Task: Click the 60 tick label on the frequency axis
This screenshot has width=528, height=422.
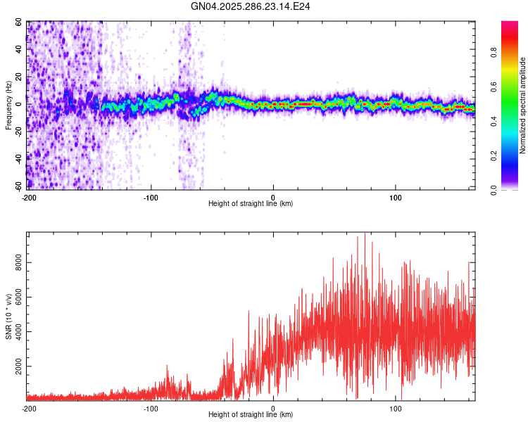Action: [x=19, y=22]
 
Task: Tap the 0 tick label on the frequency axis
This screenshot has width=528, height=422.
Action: [x=21, y=104]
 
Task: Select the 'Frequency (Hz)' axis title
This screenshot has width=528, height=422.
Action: [x=8, y=105]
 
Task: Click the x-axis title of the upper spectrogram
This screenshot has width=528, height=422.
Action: [x=251, y=204]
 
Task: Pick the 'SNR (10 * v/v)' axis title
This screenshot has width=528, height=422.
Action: [x=8, y=316]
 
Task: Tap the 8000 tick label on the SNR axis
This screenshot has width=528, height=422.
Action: [x=15, y=262]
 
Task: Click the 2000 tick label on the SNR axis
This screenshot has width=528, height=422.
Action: [x=15, y=367]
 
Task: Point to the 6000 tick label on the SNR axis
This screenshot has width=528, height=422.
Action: [x=15, y=298]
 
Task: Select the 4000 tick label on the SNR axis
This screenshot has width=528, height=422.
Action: [x=15, y=332]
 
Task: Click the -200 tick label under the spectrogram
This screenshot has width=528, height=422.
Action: [x=29, y=197]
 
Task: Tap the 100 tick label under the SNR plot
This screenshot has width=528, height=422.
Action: [x=396, y=409]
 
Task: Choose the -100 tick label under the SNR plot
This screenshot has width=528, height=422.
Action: [x=151, y=409]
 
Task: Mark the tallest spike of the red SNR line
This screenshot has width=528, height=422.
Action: [x=365, y=234]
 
